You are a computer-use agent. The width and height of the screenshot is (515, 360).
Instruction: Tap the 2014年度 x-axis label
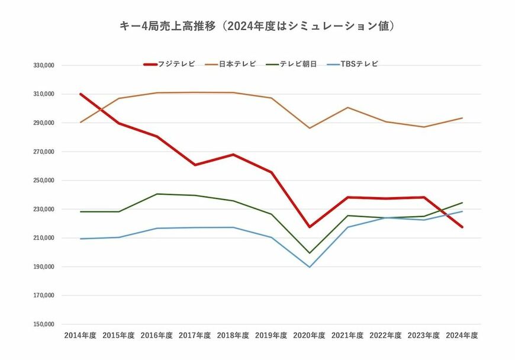(x=80, y=335)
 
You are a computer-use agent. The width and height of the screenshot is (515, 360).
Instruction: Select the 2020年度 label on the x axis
(x=309, y=335)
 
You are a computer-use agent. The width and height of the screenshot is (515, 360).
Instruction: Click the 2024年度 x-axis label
(x=462, y=335)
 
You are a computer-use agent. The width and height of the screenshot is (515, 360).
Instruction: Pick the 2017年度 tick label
(x=195, y=335)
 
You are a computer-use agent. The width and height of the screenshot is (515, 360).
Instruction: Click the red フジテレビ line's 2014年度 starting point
(x=81, y=94)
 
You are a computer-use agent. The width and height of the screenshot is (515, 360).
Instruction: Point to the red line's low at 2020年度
(x=309, y=227)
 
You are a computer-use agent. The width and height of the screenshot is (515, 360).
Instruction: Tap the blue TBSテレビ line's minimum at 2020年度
(x=309, y=267)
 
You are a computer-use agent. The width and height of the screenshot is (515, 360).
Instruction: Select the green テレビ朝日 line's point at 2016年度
(x=157, y=194)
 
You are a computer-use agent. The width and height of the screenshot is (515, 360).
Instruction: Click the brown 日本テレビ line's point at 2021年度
(x=347, y=107)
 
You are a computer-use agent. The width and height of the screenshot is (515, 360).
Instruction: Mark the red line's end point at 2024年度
(x=462, y=227)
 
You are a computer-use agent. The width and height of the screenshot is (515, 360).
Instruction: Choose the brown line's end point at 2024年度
(x=462, y=118)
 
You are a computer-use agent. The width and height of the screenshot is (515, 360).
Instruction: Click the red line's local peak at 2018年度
(x=233, y=155)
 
